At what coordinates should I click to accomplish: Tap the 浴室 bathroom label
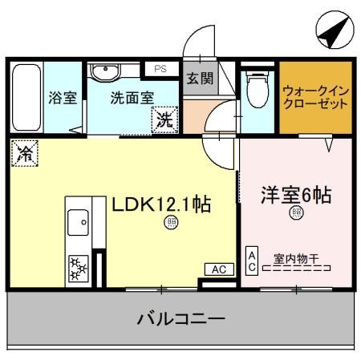(62, 98)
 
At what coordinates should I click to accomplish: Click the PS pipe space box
(160, 70)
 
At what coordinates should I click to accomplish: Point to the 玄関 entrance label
(200, 79)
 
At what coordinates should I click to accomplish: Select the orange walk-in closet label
(316, 97)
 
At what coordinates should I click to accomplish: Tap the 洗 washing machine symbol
(164, 121)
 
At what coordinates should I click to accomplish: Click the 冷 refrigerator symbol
(25, 152)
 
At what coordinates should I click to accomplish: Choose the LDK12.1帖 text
(160, 204)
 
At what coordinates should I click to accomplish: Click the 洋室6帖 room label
(296, 195)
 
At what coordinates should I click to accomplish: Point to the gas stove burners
(79, 267)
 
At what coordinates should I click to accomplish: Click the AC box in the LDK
(217, 270)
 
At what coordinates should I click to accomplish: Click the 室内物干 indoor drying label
(296, 258)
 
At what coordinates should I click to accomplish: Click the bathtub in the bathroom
(26, 99)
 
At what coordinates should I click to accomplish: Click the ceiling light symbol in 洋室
(296, 212)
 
